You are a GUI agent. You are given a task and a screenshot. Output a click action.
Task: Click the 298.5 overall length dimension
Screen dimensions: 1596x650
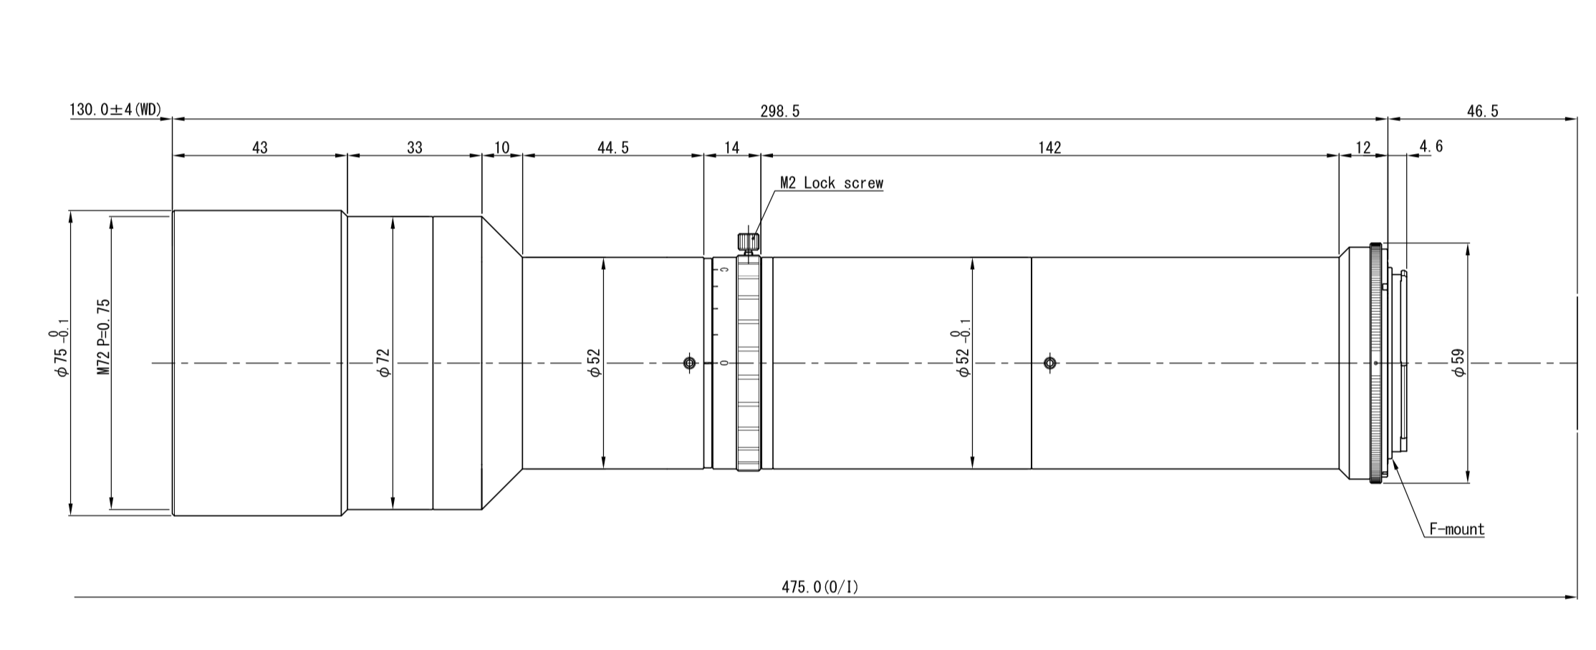779,111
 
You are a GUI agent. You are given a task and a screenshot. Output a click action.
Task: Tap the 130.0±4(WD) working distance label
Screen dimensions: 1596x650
115,110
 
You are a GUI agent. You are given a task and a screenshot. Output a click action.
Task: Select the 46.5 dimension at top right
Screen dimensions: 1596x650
1482,111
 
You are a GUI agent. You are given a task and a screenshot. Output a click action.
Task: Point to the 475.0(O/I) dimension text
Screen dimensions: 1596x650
819,587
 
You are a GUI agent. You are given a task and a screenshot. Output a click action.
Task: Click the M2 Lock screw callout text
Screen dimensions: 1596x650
832,183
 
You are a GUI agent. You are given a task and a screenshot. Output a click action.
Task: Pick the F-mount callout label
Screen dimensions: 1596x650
1457,529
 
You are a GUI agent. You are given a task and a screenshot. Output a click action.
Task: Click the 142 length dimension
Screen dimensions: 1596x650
1049,147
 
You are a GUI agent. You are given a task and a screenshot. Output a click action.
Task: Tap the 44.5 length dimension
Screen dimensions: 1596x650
613,147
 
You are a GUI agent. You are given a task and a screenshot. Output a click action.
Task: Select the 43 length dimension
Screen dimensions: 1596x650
260,147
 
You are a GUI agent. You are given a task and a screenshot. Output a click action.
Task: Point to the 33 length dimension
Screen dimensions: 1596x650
415,147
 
